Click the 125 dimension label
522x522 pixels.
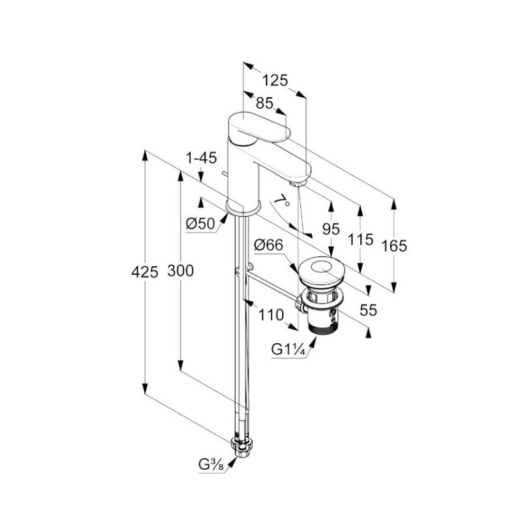click(275, 80)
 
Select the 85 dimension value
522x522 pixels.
click(265, 103)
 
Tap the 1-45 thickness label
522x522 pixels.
click(201, 158)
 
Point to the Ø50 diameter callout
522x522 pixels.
click(200, 224)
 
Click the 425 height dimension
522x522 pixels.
click(145, 272)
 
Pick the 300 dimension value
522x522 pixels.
click(181, 271)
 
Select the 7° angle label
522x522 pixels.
click(282, 200)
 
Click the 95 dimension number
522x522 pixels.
click(331, 229)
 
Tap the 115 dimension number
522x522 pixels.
click(360, 239)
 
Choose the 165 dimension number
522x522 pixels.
click(394, 246)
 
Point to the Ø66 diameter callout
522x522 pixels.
click(268, 245)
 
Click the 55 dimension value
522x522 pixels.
click(369, 311)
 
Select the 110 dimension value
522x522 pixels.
click(271, 315)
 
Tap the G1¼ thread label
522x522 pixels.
click(288, 350)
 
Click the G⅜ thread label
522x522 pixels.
click(211, 464)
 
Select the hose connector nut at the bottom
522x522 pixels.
click(242, 448)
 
